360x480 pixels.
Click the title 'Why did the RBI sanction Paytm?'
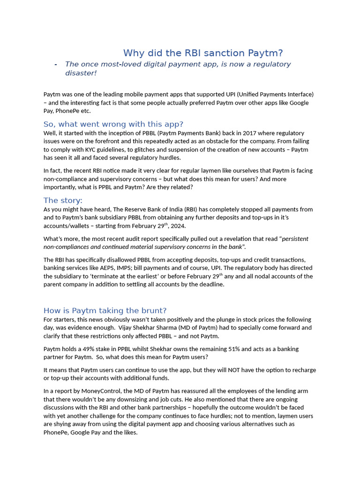(203, 53)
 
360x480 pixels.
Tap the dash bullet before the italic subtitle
(56, 64)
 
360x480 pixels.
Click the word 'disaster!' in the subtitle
(81, 73)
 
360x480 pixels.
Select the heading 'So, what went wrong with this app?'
(113, 124)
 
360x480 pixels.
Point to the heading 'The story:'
(63, 201)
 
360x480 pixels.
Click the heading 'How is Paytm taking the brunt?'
(105, 310)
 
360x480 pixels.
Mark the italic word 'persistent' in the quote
(295, 239)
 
